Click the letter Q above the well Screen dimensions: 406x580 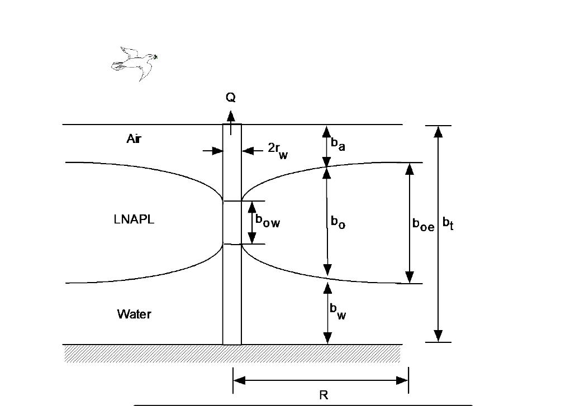click(230, 98)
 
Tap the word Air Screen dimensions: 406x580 click(134, 138)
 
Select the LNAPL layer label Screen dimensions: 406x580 click(134, 219)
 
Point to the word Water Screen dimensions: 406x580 click(134, 314)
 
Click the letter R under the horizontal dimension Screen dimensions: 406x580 click(324, 395)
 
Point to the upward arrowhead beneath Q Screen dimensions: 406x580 click(231, 116)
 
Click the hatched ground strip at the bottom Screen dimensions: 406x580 click(232, 354)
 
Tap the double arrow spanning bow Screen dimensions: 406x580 click(251, 222)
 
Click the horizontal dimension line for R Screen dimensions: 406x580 click(321, 381)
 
